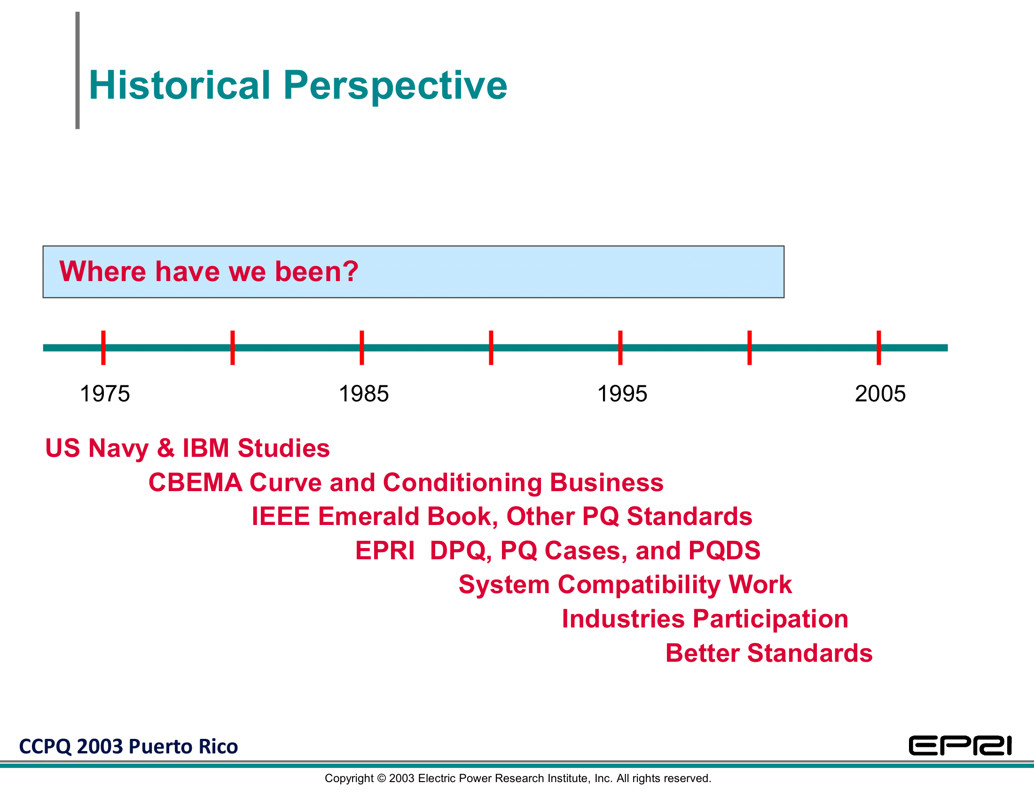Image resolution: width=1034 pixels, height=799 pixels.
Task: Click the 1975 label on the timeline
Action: [105, 394]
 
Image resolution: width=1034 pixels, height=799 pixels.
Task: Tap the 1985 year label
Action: [364, 394]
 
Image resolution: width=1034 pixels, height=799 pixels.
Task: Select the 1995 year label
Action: [622, 394]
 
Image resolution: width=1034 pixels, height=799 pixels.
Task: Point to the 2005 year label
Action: [880, 394]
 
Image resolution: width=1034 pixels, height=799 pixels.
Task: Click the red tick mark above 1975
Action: [103, 348]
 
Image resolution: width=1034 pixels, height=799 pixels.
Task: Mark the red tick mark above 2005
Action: [879, 348]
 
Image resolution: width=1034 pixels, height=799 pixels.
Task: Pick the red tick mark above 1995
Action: [620, 348]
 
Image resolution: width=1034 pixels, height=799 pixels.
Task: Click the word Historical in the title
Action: [180, 85]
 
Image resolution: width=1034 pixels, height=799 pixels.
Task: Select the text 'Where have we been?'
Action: [209, 272]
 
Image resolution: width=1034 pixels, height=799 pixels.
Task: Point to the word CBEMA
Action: [195, 482]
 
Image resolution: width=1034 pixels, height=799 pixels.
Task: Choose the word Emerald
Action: [368, 516]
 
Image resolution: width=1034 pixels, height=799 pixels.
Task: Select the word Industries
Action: [623, 619]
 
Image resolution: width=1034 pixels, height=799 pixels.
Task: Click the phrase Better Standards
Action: [769, 653]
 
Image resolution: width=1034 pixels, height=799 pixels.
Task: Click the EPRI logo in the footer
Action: [960, 746]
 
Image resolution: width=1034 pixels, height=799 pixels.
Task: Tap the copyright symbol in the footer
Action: [381, 778]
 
